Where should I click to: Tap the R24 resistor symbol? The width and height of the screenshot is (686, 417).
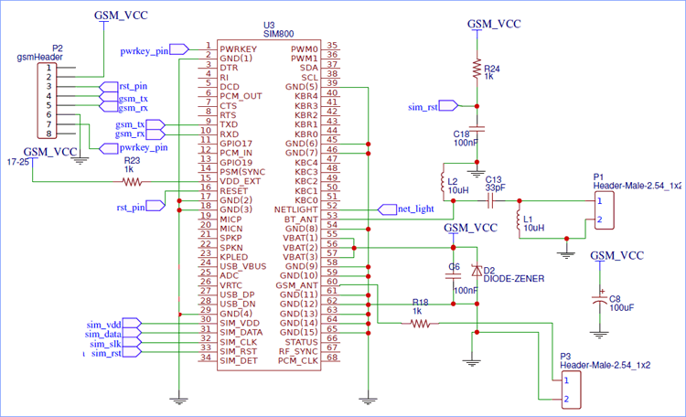click(x=476, y=69)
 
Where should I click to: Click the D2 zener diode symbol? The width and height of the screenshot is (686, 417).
click(x=476, y=272)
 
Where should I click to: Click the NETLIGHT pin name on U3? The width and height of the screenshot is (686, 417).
click(x=295, y=208)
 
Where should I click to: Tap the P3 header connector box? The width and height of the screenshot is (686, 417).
click(x=573, y=389)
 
